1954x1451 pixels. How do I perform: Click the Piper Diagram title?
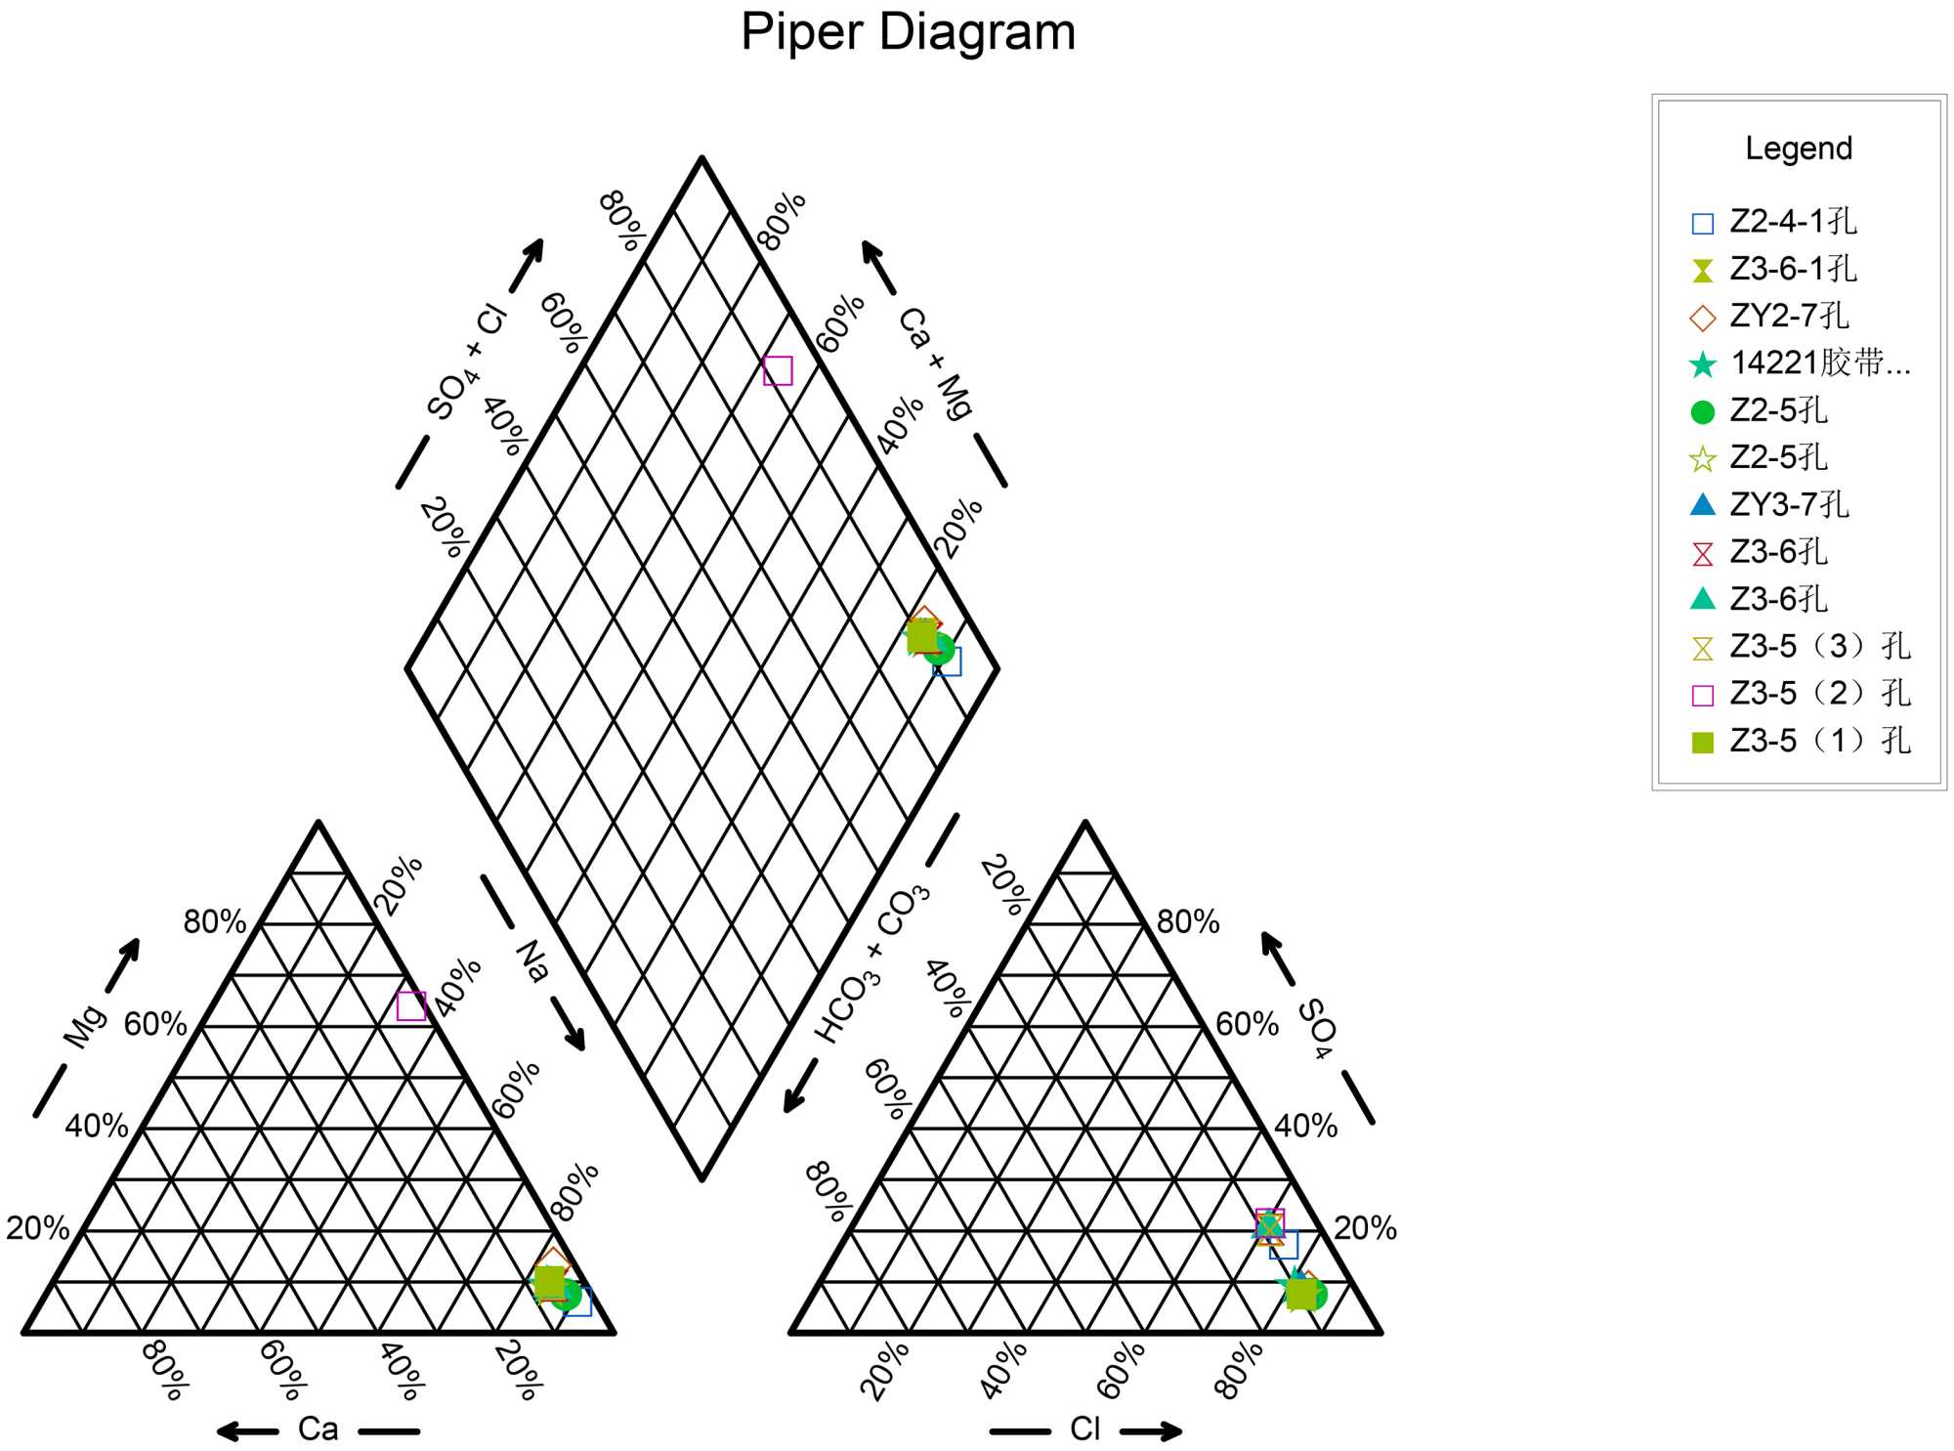coord(908,32)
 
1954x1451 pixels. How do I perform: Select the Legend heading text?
coord(1798,149)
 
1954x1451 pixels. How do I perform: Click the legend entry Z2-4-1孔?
coord(1792,222)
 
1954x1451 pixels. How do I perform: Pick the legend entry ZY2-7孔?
coord(1788,317)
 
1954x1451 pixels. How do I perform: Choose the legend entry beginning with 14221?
coord(1819,363)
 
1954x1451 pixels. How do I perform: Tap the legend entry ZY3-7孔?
coord(1788,505)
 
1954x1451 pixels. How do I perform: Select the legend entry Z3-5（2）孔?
coord(1819,694)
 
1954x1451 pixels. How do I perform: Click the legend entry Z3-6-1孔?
coord(1792,269)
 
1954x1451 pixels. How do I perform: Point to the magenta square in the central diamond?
coord(778,371)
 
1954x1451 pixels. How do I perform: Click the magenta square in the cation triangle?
coord(411,1005)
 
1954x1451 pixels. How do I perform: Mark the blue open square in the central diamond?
coord(948,662)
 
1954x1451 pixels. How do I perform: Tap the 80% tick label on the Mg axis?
coord(215,921)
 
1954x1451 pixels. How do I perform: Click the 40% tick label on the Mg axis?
coord(97,1126)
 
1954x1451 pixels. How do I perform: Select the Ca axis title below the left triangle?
coord(318,1430)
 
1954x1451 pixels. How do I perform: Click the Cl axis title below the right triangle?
coord(1084,1430)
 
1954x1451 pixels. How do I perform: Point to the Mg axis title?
coord(85,1026)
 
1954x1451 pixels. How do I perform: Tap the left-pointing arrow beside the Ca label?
coord(247,1431)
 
